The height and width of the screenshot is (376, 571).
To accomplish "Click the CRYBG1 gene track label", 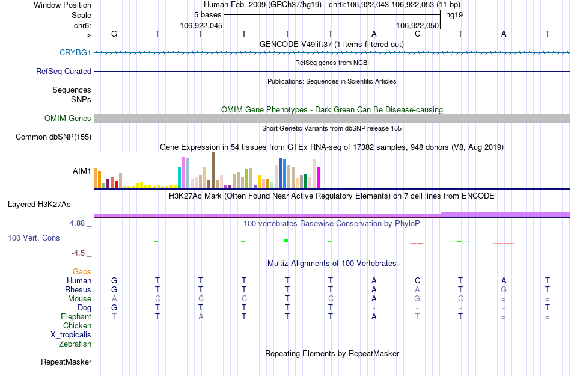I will pos(75,52).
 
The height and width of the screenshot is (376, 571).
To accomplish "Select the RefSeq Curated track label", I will pos(64,71).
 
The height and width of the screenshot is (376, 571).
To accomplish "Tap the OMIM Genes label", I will pos(67,119).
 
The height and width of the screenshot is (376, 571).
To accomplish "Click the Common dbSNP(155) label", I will pos(53,137).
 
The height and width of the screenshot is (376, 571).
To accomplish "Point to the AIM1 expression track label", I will pos(82,171).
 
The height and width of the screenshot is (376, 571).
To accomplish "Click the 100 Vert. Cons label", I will pos(34,238).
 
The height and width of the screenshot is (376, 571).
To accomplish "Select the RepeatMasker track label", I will pos(66,362).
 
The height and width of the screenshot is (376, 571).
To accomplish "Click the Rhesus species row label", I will pos(78,289).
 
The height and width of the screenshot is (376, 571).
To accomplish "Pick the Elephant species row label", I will pos(76,316).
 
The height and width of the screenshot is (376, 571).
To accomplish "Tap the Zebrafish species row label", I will pos(75,344).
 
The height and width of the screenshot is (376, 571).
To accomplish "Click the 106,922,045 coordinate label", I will pos(201,25).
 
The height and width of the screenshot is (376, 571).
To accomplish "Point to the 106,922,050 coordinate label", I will pos(418,25).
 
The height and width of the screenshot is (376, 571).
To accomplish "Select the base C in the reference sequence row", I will pos(417,34).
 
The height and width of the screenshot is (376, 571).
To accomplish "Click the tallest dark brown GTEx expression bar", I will pos(213,170).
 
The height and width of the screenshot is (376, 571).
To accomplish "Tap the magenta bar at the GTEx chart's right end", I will pos(318,177).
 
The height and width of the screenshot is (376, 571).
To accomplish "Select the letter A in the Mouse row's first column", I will pos(114,298).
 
